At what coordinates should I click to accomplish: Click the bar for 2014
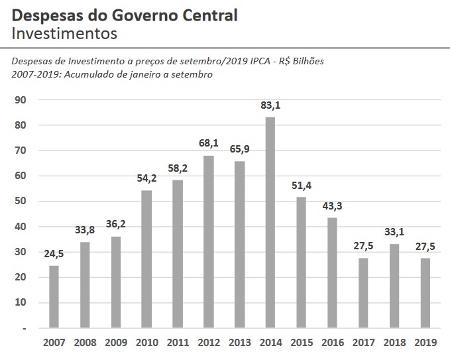click(x=270, y=222)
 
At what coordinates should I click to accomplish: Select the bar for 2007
click(x=54, y=296)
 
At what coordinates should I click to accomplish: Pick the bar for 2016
click(x=331, y=272)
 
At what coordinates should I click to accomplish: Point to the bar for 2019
click(x=425, y=292)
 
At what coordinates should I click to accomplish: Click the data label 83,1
click(x=270, y=105)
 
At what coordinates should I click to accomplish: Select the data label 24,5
click(x=54, y=253)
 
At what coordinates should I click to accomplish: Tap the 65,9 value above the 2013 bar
click(x=239, y=149)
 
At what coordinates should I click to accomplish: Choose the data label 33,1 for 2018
click(x=394, y=231)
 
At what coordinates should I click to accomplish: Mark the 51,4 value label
click(x=301, y=185)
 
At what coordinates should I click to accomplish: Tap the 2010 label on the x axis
click(x=146, y=343)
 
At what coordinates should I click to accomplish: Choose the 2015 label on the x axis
click(x=301, y=343)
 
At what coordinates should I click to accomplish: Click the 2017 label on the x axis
click(x=363, y=343)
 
